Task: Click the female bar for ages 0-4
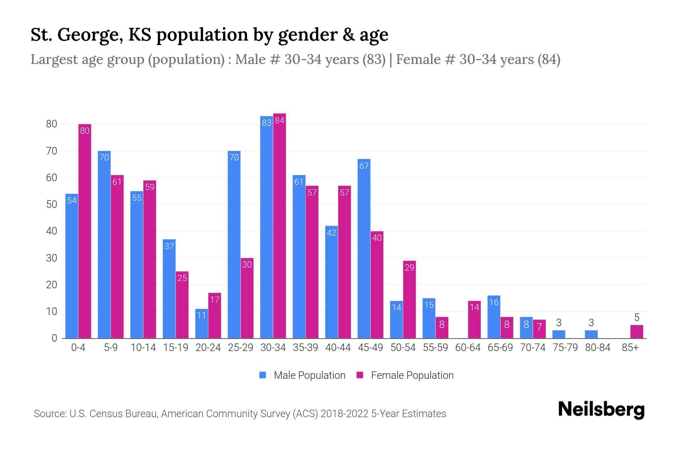click(x=85, y=231)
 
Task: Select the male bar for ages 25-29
click(x=234, y=244)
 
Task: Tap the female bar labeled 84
click(x=279, y=225)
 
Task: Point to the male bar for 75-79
click(x=559, y=334)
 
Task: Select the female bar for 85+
click(x=636, y=332)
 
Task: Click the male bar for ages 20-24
click(x=202, y=324)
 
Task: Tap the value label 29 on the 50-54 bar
click(x=409, y=268)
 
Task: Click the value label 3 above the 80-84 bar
click(x=591, y=323)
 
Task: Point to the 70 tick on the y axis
click(x=52, y=151)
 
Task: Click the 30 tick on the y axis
click(x=52, y=258)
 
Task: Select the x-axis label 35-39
click(x=305, y=348)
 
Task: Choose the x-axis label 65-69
click(x=500, y=348)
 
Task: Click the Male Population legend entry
click(x=309, y=375)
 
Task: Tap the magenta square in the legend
click(x=360, y=375)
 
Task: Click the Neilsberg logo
click(x=601, y=410)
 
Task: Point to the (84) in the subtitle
click(x=549, y=59)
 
